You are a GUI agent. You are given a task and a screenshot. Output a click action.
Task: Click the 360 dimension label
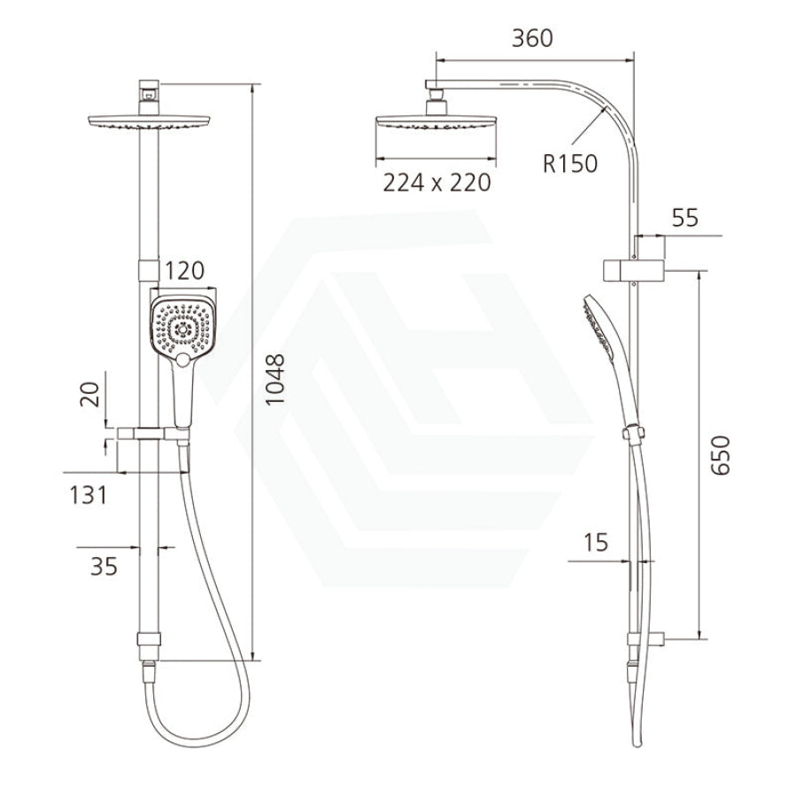coord(532,39)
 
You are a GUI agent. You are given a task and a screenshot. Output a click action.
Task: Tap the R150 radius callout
coord(570,164)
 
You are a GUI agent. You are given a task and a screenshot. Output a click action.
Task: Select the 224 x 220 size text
coord(437,183)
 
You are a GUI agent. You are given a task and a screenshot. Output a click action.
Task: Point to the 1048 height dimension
coord(275,379)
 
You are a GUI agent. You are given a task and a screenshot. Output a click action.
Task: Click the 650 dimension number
coord(720,455)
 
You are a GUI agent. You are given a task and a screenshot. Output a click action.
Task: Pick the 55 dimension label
coord(684,218)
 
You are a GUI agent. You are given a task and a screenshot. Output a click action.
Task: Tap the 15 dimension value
coord(596,543)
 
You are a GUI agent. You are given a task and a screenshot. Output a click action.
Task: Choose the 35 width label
coord(104,566)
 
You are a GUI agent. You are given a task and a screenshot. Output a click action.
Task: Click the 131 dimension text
coord(89,495)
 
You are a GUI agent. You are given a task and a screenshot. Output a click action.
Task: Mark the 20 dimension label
coord(90,394)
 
